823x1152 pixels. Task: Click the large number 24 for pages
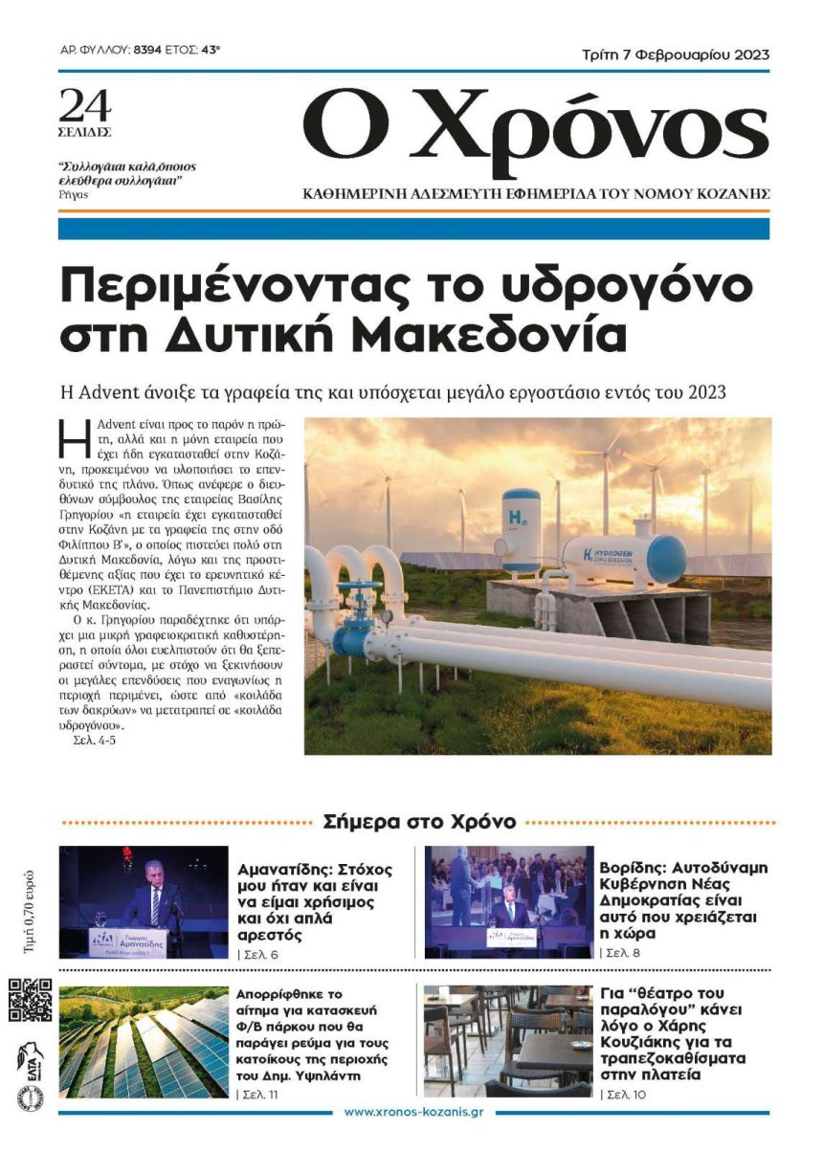pyautogui.click(x=85, y=102)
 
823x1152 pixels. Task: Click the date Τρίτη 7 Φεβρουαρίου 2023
pyautogui.click(x=676, y=55)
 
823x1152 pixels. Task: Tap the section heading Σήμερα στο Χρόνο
pyautogui.click(x=420, y=821)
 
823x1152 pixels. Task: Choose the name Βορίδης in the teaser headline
pyautogui.click(x=633, y=870)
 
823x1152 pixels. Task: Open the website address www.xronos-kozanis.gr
pyautogui.click(x=413, y=1112)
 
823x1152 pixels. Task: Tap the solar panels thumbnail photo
pyautogui.click(x=144, y=1041)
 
